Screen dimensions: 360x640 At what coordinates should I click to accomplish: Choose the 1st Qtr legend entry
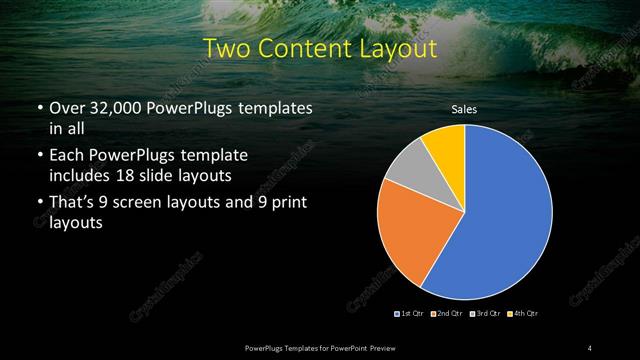click(x=409, y=314)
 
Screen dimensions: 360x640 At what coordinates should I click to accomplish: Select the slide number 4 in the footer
click(x=590, y=347)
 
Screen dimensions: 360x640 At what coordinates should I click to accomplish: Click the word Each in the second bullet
click(x=68, y=155)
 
